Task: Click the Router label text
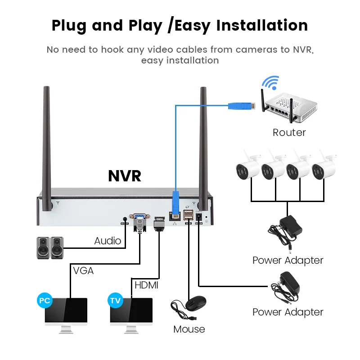[289, 132]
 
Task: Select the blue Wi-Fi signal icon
[270, 84]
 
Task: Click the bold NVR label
[125, 176]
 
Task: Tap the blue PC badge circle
[44, 300]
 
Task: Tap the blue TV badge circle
[115, 300]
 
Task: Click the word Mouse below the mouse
[189, 329]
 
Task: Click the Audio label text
[108, 241]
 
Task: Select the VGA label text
[83, 270]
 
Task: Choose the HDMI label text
[147, 285]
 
